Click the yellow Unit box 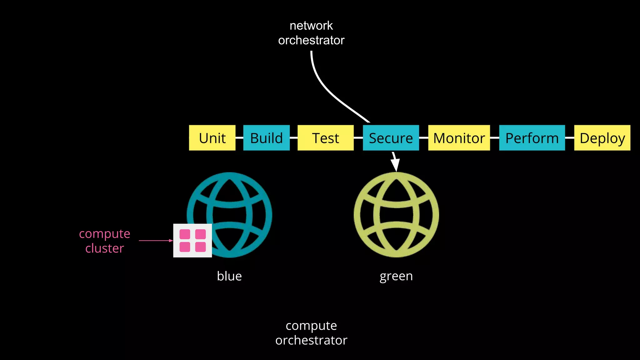coord(212,138)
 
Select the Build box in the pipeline coord(266,138)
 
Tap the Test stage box coord(325,138)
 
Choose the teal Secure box coord(391,138)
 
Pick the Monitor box coord(459,138)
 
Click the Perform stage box coord(532,138)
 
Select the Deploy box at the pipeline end coord(602,138)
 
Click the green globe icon coord(396,215)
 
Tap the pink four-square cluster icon coord(192,241)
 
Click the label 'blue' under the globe coord(229,276)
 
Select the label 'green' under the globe coord(396,276)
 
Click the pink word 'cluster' coord(105,248)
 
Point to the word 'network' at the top coord(311,26)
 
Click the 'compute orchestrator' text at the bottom coord(311,333)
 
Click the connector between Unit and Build coord(239,138)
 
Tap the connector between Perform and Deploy coord(569,138)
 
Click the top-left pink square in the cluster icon coord(185,234)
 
